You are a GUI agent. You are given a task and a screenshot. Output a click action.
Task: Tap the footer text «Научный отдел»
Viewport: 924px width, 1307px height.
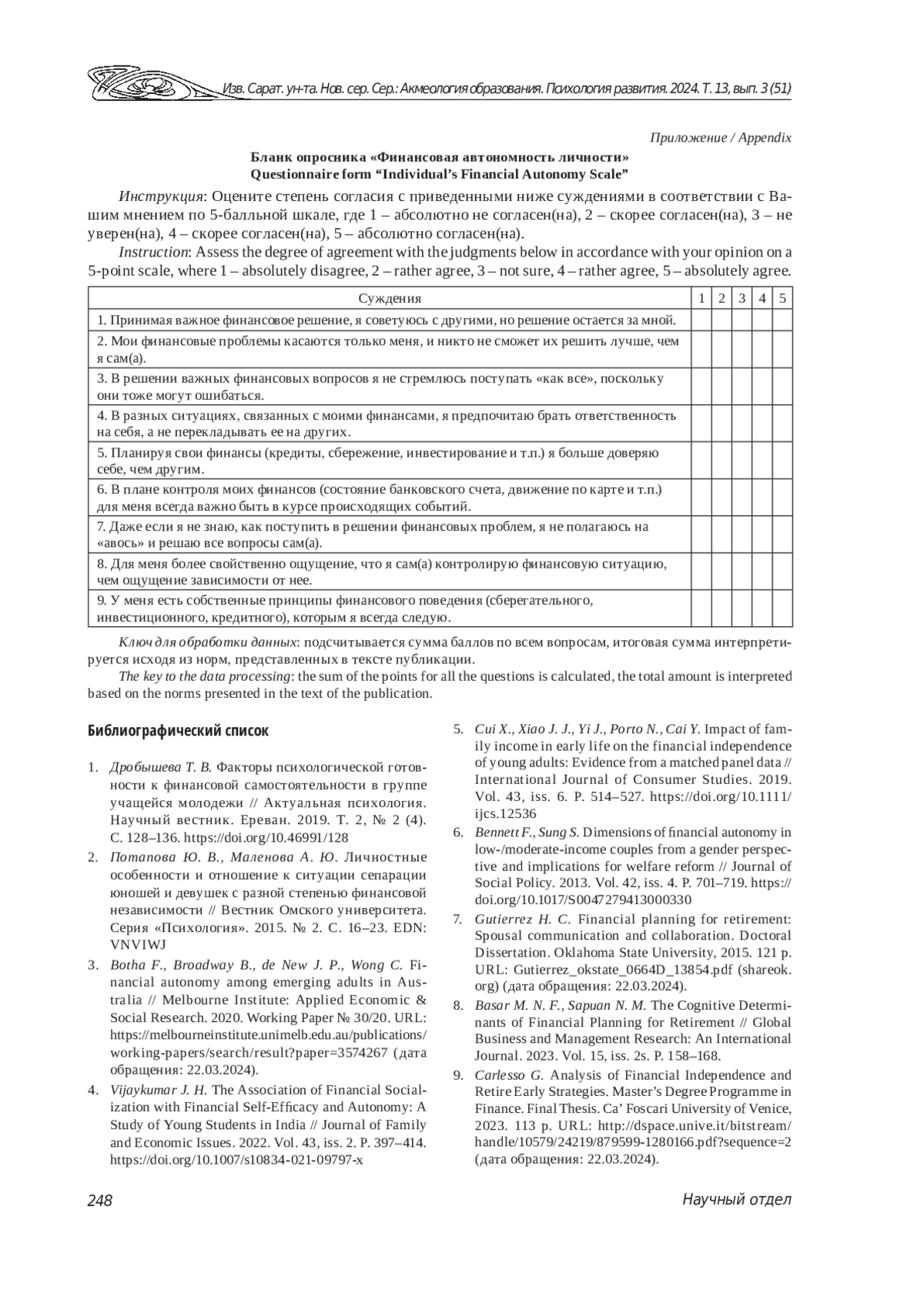click(736, 1200)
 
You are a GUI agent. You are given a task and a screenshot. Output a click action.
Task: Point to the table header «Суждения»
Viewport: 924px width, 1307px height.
click(390, 299)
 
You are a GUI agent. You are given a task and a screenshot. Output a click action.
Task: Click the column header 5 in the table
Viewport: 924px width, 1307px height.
click(782, 299)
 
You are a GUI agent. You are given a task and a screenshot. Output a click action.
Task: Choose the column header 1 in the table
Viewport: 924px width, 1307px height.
click(701, 299)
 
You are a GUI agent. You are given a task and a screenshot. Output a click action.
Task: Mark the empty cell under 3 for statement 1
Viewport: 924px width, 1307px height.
click(742, 320)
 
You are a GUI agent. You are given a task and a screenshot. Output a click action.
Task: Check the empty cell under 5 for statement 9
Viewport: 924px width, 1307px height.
click(782, 608)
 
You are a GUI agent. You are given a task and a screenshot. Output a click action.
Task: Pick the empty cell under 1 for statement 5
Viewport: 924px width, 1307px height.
click(701, 461)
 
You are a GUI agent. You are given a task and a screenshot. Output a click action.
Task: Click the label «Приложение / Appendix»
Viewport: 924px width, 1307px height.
click(720, 138)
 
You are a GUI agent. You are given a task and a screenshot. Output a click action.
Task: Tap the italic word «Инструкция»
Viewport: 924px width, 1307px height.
click(162, 193)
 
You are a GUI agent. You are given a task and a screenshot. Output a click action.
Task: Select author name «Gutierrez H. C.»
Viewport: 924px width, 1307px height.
click(523, 919)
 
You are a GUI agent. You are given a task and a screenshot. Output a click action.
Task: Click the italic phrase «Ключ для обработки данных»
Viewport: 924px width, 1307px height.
click(208, 642)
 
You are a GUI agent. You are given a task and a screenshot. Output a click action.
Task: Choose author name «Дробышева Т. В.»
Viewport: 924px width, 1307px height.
click(160, 768)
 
